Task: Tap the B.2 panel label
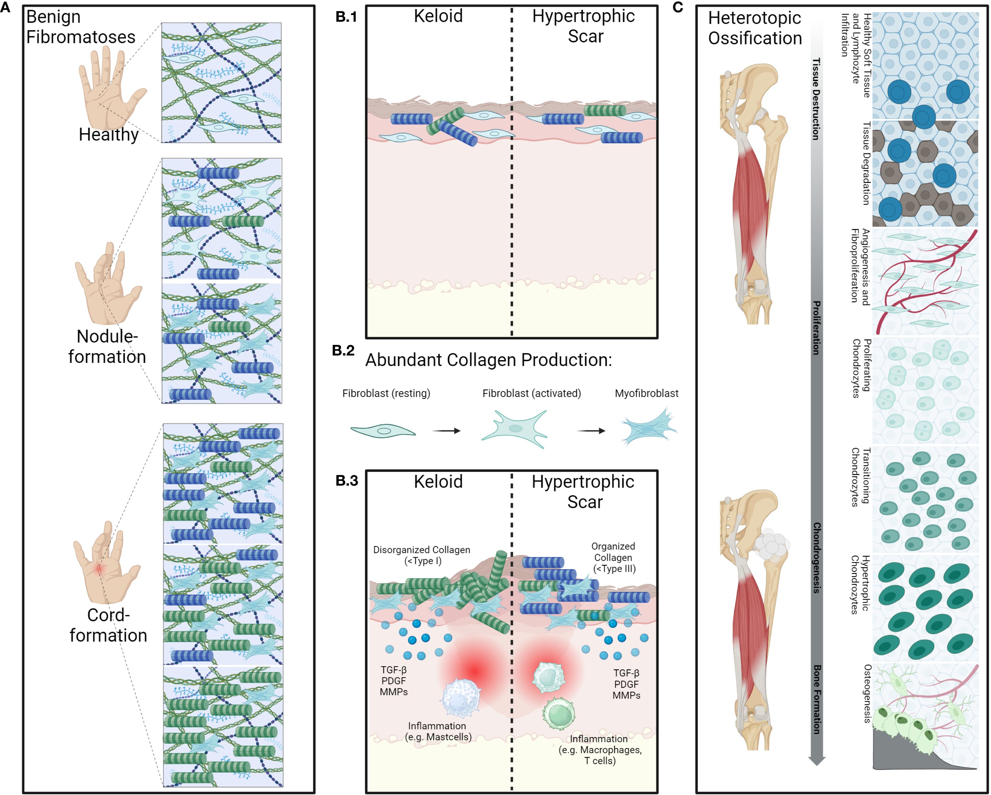click(x=343, y=351)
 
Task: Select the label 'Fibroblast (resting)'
click(x=386, y=393)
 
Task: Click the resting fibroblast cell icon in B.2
click(x=383, y=431)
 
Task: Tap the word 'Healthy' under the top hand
click(x=109, y=135)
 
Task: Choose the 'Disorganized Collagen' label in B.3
click(x=422, y=555)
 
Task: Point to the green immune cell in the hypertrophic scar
click(x=559, y=714)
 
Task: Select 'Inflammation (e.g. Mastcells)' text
click(x=438, y=732)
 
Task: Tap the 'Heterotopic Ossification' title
click(x=755, y=28)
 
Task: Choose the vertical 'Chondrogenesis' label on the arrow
click(x=816, y=557)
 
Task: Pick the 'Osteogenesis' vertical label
click(x=867, y=693)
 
